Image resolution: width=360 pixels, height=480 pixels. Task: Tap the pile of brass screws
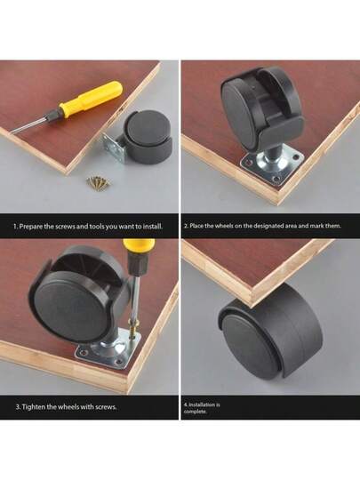(x=98, y=183)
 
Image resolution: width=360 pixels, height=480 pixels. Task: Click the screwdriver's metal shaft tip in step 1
(x=11, y=132)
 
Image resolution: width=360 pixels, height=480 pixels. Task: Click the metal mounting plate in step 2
(x=272, y=165)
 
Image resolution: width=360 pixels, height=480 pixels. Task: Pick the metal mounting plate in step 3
(x=108, y=348)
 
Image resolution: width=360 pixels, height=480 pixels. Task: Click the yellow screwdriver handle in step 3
(x=139, y=247)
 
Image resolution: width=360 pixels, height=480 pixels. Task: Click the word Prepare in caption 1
(x=30, y=227)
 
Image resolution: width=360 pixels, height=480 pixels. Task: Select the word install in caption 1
(x=153, y=227)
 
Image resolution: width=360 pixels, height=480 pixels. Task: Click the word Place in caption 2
(x=196, y=226)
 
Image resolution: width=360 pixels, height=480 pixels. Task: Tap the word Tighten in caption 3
(x=34, y=407)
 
